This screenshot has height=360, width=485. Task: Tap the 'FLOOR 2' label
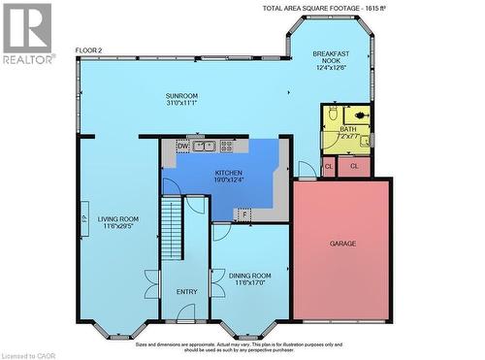pos(89,50)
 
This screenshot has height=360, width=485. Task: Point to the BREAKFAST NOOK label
pos(332,59)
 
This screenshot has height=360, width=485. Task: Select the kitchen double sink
pos(204,147)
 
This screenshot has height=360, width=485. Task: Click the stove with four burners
pos(227,147)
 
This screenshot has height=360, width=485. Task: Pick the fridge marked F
pos(245,213)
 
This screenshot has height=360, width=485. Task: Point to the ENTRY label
pos(186,291)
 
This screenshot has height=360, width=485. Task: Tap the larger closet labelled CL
pos(354,166)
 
